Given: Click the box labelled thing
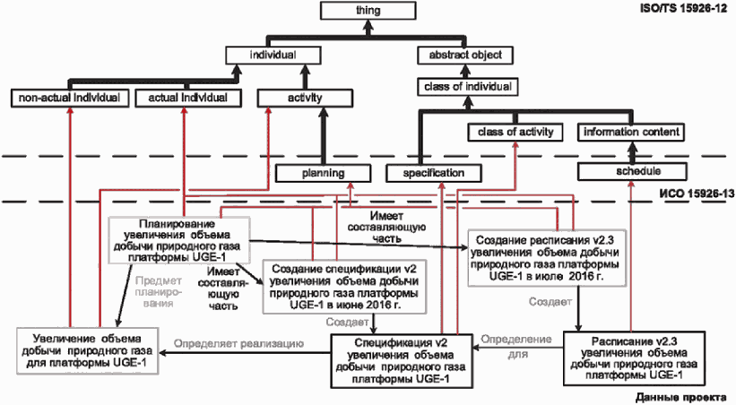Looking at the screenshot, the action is [368, 11].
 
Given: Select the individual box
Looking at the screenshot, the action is [273, 56].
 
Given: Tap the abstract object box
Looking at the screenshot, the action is [465, 56].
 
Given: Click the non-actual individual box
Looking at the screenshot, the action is [70, 98].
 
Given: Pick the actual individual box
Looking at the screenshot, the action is [188, 98].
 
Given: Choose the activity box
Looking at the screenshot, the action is [305, 98].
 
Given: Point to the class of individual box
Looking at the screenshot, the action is [468, 87].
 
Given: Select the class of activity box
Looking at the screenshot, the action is [515, 133].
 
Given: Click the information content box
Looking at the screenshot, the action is [631, 133].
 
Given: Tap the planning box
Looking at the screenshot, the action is [323, 173].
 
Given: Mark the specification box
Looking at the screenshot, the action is [434, 173].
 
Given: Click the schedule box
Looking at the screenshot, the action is [632, 171].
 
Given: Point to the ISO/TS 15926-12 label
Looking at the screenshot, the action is [683, 8].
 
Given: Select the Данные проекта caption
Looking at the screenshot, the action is [681, 398].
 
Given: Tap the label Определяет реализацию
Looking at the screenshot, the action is [238, 344].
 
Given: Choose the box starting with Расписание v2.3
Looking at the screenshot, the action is [634, 358].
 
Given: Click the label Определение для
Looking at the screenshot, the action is [516, 347].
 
